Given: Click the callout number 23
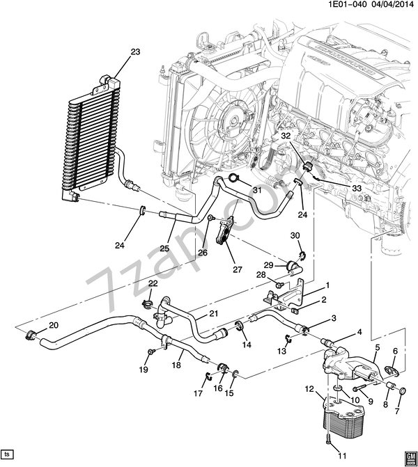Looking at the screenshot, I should point(134,51).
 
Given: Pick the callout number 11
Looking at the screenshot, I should point(341,456).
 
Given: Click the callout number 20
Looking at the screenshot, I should point(53,325).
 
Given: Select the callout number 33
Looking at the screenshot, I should point(357,189).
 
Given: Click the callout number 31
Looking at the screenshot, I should point(256,190).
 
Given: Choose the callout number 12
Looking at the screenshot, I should point(310,388).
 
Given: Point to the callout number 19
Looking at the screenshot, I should point(143,370).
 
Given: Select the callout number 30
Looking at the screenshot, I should point(295,235).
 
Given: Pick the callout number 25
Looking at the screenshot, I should point(164,248).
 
